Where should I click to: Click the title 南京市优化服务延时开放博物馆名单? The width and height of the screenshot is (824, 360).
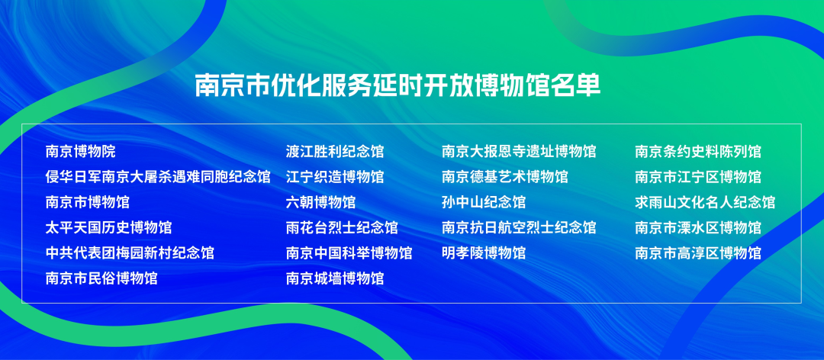pyautogui.click(x=398, y=85)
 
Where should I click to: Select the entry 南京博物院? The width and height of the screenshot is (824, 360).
pyautogui.click(x=80, y=152)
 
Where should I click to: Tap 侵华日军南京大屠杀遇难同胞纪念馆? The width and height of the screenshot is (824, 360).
pyautogui.click(x=158, y=177)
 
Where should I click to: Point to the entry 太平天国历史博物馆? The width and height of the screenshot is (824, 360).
pyautogui.click(x=109, y=227)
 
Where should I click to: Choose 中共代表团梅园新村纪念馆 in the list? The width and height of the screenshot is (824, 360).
pyautogui.click(x=130, y=252)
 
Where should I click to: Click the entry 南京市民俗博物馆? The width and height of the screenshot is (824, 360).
pyautogui.click(x=101, y=278)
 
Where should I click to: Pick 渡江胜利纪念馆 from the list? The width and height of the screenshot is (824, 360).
pyautogui.click(x=335, y=152)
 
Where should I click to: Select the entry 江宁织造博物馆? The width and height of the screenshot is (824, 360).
pyautogui.click(x=335, y=177)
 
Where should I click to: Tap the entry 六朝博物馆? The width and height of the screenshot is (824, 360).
pyautogui.click(x=320, y=202)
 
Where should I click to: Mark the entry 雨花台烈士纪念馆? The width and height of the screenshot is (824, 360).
pyautogui.click(x=342, y=227)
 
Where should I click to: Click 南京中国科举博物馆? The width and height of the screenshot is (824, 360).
pyautogui.click(x=349, y=252)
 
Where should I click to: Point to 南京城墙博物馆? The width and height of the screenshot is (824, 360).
pyautogui.click(x=335, y=278)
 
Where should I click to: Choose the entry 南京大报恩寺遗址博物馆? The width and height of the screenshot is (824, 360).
pyautogui.click(x=519, y=152)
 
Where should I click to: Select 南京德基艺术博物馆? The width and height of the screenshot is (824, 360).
pyautogui.click(x=504, y=177)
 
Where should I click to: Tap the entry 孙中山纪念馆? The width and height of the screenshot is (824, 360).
pyautogui.click(x=484, y=202)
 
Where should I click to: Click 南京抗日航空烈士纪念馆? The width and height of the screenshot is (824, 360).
pyautogui.click(x=519, y=227)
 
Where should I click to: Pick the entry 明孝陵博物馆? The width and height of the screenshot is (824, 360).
pyautogui.click(x=484, y=252)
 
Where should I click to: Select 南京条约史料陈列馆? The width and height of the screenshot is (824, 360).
pyautogui.click(x=698, y=152)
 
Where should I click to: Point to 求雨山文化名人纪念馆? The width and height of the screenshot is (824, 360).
pyautogui.click(x=705, y=202)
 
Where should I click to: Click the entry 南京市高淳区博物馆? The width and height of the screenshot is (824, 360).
pyautogui.click(x=698, y=252)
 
